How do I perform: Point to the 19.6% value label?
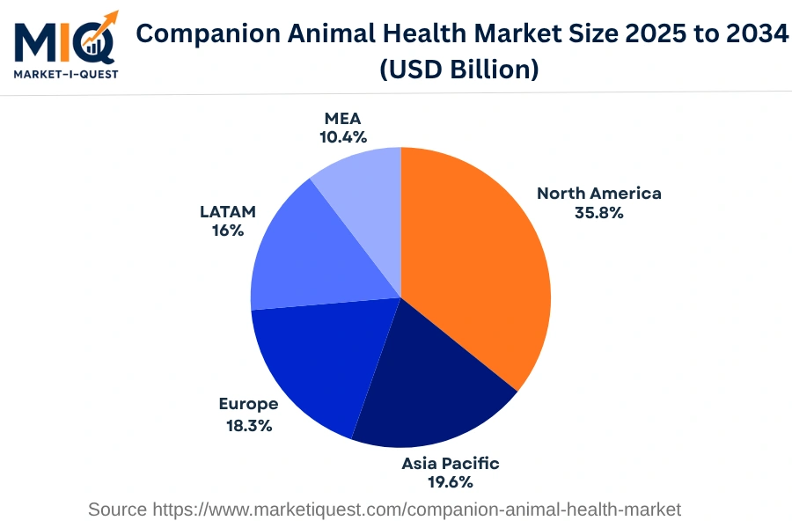(x=450, y=481)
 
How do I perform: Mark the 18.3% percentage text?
(x=248, y=425)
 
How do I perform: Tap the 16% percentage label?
(x=227, y=231)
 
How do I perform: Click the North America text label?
(x=598, y=193)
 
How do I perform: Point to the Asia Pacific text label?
(x=450, y=463)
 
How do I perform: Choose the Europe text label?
(x=248, y=404)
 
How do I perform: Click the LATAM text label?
(x=227, y=211)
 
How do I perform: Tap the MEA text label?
(x=343, y=118)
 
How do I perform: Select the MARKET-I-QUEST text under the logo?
(x=65, y=73)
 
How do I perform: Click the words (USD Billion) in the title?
(x=458, y=69)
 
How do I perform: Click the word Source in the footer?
(x=118, y=509)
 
